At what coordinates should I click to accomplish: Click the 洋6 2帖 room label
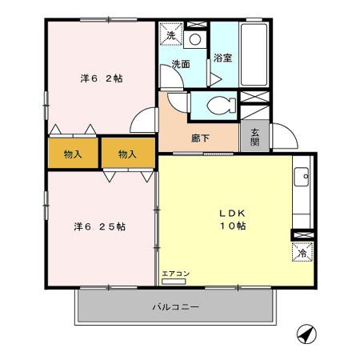point(101,79)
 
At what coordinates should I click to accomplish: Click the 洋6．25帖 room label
point(101,226)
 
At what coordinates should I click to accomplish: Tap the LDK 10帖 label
point(233,220)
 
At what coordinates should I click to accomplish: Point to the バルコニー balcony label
point(175,306)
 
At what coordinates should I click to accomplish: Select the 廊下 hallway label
point(200,138)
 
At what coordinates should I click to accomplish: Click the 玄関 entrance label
point(255,137)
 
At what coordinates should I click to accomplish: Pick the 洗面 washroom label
point(181,64)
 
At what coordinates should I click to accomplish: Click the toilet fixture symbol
point(216,104)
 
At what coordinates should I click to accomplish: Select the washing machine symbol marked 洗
point(170,34)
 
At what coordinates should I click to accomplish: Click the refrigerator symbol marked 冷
point(302,252)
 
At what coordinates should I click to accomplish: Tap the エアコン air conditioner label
point(175,274)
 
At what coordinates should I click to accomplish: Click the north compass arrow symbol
point(305,334)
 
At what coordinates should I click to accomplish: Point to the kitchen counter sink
point(302,177)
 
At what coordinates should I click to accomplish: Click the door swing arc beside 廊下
point(142,118)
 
